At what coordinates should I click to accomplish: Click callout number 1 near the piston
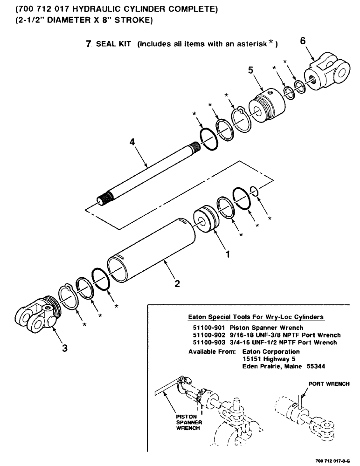tap(227, 255)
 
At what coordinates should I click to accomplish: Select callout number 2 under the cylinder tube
tap(177, 284)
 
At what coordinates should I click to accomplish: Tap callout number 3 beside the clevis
tap(64, 347)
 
